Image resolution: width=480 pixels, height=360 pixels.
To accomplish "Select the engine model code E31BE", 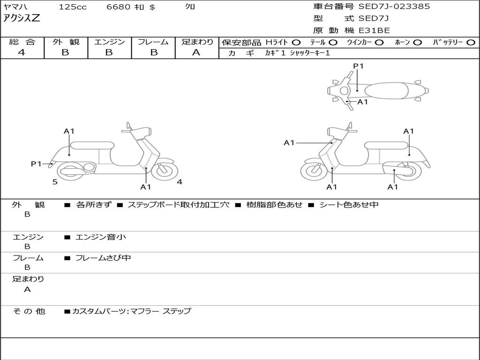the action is [375, 31].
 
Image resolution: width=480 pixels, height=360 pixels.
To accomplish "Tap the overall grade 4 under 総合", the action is [22, 52].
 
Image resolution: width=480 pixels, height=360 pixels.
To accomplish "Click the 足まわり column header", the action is [197, 42].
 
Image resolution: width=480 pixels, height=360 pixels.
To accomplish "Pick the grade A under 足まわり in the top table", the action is [196, 52].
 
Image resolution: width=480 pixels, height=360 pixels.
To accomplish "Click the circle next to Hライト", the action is [296, 42].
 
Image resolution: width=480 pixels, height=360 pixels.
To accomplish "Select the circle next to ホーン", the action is [417, 42].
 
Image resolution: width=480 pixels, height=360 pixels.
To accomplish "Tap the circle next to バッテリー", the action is [471, 42].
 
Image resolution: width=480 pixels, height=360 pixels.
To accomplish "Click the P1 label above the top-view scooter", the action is [358, 66].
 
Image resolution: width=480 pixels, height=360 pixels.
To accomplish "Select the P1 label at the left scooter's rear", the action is [36, 164].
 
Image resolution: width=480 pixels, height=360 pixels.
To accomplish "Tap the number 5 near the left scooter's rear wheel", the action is [55, 182].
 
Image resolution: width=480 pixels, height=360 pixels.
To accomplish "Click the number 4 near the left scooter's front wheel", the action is [180, 182].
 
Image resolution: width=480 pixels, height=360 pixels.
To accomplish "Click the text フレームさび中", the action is [103, 258].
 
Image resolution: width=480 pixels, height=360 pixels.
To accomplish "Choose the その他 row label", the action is [29, 311].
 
